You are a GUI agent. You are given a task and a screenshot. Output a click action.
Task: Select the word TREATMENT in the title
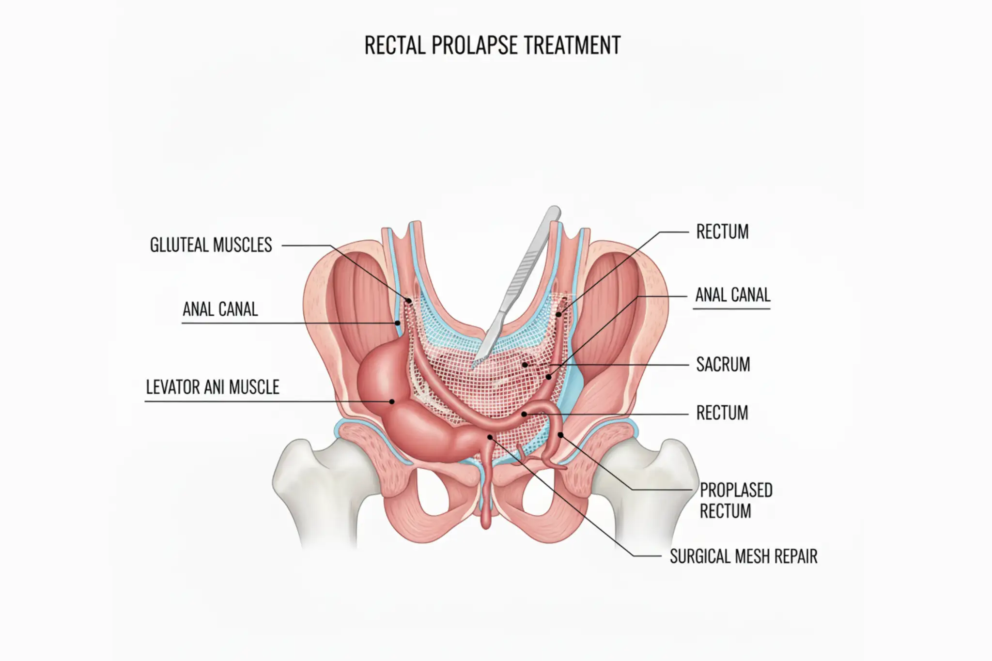point(572,46)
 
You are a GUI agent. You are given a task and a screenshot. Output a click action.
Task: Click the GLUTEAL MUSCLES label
point(211,245)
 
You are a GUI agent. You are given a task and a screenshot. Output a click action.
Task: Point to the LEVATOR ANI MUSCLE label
point(213,387)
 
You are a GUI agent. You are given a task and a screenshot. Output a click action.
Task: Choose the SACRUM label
point(723,365)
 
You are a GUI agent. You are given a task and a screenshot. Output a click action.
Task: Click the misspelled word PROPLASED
point(736,491)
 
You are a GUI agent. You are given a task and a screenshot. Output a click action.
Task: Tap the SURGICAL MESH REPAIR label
point(744,556)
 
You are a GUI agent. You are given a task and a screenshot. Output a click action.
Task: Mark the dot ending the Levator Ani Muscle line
point(392,401)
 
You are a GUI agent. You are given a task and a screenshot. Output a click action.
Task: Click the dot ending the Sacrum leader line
point(525,364)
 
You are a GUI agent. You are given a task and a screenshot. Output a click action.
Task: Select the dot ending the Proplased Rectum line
point(560,435)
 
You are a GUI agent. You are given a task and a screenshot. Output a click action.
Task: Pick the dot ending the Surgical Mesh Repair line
point(490,437)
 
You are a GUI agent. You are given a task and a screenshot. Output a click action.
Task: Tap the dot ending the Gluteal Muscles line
point(408,301)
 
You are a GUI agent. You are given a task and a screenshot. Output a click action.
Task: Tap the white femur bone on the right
point(649,489)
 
